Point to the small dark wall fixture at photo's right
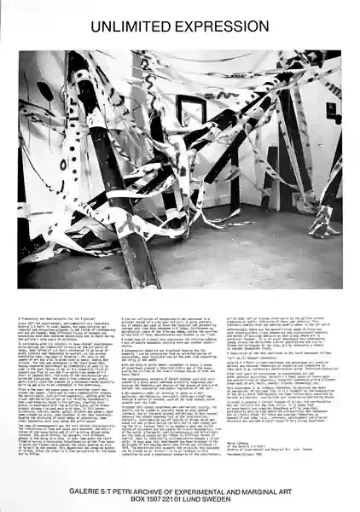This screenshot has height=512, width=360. tap(330, 109)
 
